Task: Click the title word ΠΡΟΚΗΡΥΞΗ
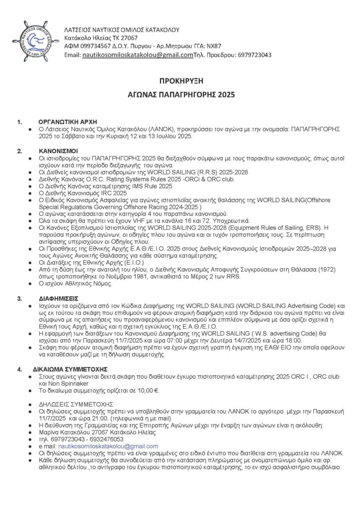point(180,81)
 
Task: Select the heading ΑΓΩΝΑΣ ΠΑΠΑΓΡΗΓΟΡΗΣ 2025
point(180,93)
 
